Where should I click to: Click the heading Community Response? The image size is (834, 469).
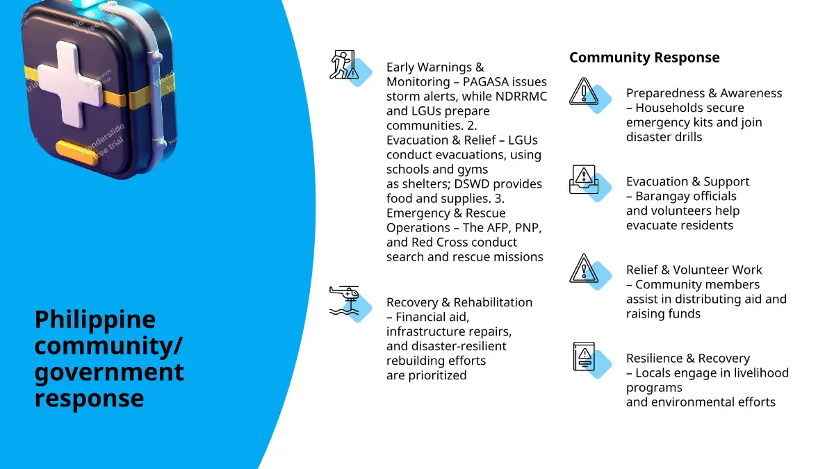644,58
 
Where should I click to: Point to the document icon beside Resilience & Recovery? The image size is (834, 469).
583,356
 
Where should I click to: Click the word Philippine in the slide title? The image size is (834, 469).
95,320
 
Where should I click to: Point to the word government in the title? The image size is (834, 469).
109,372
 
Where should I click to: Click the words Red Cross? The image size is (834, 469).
440,242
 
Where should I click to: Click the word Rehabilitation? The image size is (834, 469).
493,302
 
